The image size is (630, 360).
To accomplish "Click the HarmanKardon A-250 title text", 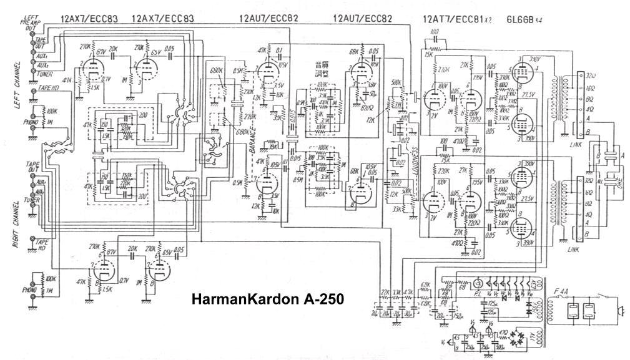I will point(267,300).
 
